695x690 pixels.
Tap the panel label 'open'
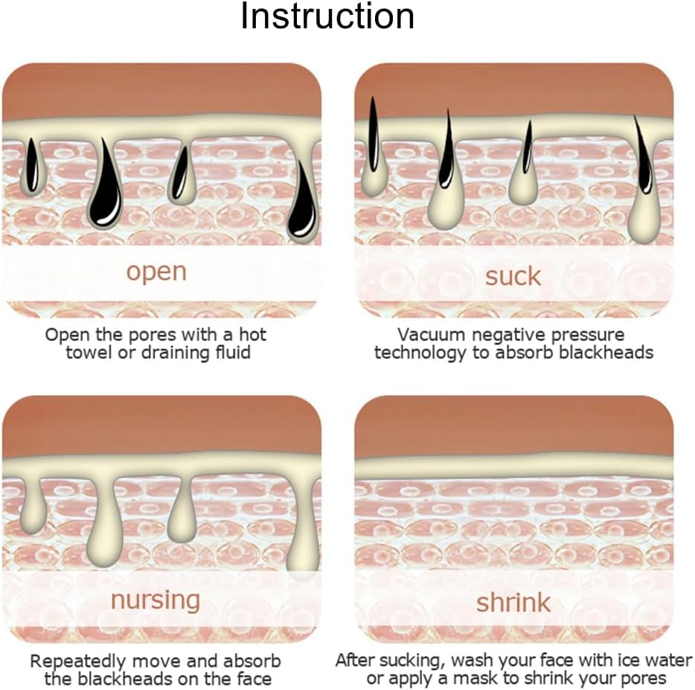tap(156, 272)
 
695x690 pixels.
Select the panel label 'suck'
tap(513, 277)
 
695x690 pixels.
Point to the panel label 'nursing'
tap(156, 601)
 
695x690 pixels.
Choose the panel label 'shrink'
tap(513, 603)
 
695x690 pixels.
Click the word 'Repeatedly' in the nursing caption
tap(78, 662)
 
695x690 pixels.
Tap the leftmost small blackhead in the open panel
tap(31, 165)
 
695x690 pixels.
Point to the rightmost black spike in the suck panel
tap(644, 156)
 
